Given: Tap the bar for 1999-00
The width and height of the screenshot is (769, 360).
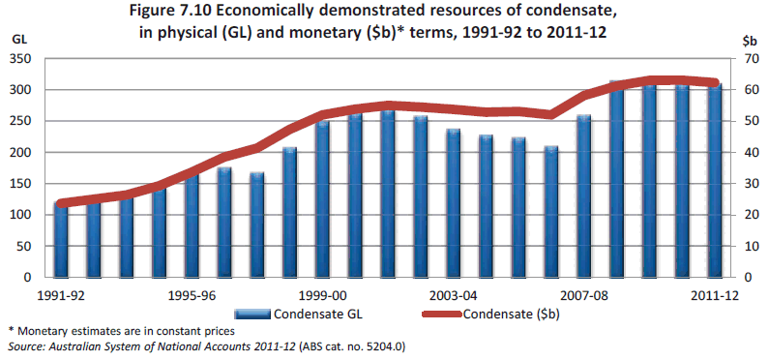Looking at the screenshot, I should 322,199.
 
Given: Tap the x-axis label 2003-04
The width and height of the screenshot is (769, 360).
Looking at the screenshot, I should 454,295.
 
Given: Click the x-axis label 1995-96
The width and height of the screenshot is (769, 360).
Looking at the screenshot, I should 192,295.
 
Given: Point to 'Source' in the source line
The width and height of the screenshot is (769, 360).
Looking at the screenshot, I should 27,346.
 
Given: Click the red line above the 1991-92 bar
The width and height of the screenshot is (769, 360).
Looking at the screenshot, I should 61,203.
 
